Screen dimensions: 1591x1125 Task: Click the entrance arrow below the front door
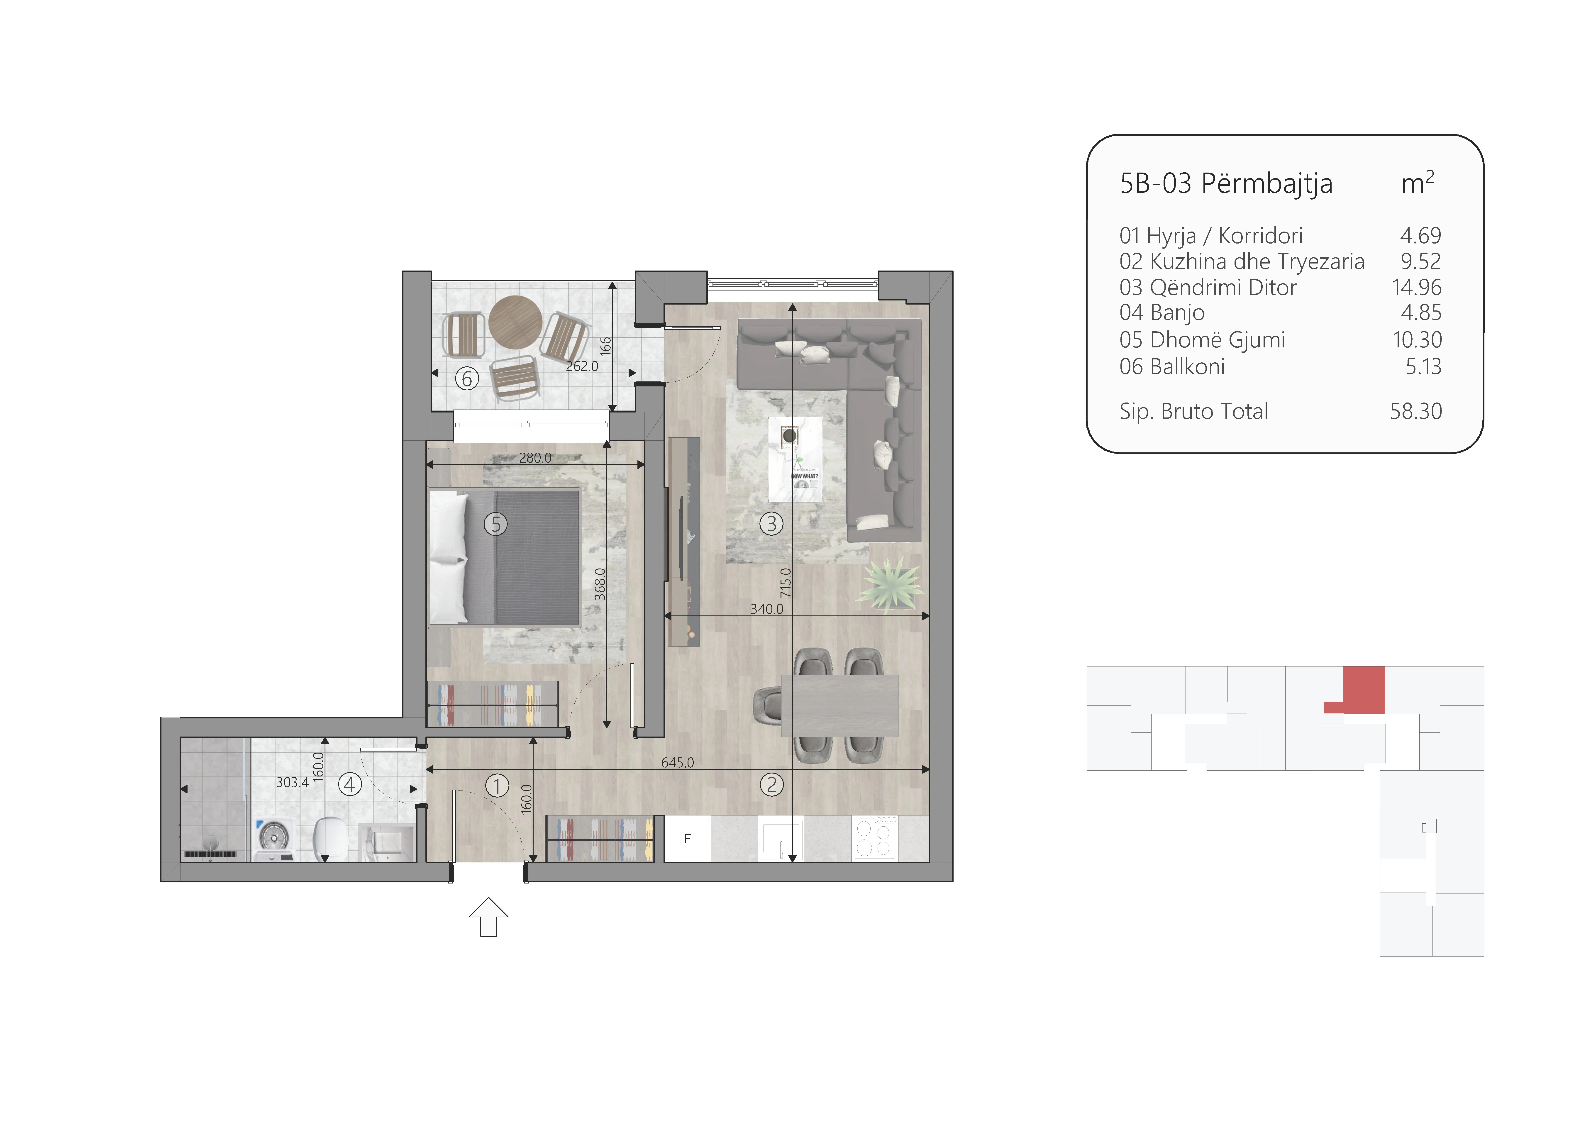tap(488, 917)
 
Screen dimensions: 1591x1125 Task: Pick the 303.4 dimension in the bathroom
tap(293, 783)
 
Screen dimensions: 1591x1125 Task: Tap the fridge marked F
tap(687, 839)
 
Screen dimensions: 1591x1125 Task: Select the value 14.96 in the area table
tap(1416, 287)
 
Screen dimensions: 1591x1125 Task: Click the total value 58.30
tap(1416, 411)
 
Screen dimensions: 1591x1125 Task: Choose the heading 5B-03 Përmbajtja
tap(1226, 184)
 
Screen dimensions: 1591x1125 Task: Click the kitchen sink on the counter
tap(781, 839)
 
